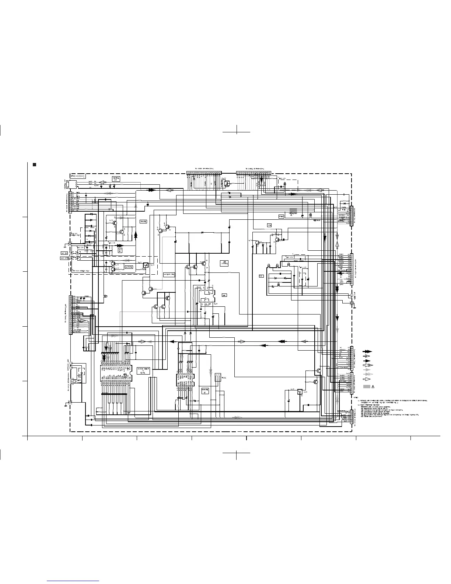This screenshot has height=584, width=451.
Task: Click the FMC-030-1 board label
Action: (x=77, y=177)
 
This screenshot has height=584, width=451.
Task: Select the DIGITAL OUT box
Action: (x=116, y=179)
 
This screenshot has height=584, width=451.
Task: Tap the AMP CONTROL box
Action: (x=224, y=263)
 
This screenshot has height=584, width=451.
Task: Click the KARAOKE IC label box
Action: (x=205, y=390)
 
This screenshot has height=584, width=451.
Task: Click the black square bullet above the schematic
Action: (x=34, y=164)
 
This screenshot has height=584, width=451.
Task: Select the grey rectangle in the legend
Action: (x=367, y=386)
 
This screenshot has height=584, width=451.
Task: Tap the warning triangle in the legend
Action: (x=373, y=386)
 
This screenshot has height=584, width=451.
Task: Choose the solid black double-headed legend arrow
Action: (x=367, y=351)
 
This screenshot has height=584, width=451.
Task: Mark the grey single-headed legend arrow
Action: (x=367, y=370)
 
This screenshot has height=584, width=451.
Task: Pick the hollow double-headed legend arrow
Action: (x=367, y=365)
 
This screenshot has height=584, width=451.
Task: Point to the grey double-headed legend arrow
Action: (x=367, y=374)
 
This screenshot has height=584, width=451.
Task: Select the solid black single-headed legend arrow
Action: (x=367, y=361)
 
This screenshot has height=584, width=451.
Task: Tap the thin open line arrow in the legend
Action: (x=367, y=356)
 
